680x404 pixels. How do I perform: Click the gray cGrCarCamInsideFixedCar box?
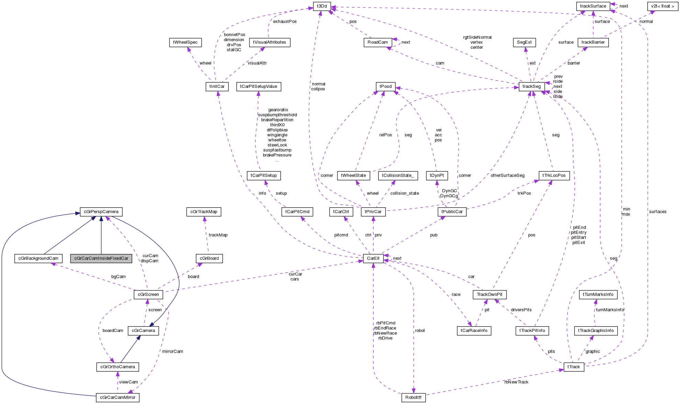click(101, 258)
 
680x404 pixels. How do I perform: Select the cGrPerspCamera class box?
click(101, 212)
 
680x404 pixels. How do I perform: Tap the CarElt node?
click(373, 258)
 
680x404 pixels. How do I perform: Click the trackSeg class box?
click(532, 86)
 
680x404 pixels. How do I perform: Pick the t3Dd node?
click(322, 6)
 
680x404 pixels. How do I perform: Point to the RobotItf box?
click(413, 397)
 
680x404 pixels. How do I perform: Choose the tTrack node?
click(573, 367)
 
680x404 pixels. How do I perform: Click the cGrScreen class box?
click(148, 295)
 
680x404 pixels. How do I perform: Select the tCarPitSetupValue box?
click(258, 86)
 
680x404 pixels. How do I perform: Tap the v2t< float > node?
click(662, 6)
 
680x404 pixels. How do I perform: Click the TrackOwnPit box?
click(489, 295)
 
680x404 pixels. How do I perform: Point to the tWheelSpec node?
click(185, 42)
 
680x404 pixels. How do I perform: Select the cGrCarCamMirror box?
click(118, 397)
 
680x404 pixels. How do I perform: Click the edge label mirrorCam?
click(172, 351)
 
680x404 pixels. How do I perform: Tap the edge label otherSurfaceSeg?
click(507, 175)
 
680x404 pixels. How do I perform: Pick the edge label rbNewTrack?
click(516, 382)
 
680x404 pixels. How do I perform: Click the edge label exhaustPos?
click(285, 22)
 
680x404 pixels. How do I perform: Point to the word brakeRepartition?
click(277, 120)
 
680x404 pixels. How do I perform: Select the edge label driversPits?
click(521, 310)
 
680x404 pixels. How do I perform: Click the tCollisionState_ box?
click(398, 175)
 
